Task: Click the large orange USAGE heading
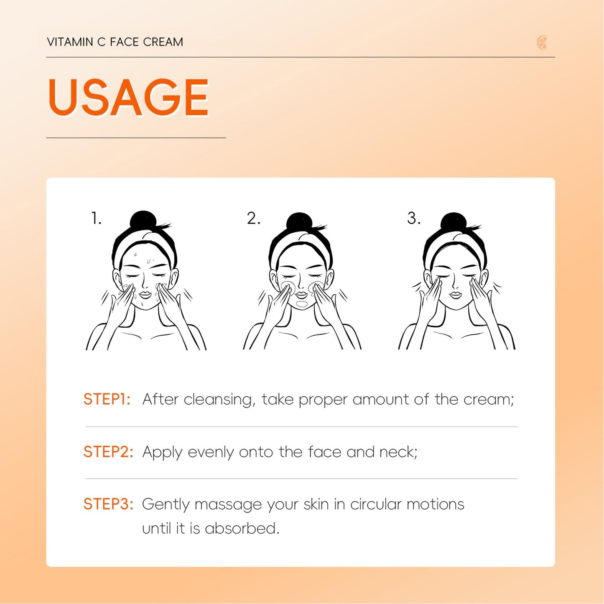coord(128,97)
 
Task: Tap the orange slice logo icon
coord(542,43)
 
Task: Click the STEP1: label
coord(107,399)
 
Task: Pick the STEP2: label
coord(108,452)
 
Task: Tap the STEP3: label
coord(108,504)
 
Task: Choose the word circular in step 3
coord(375,504)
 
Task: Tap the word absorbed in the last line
coord(242,528)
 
